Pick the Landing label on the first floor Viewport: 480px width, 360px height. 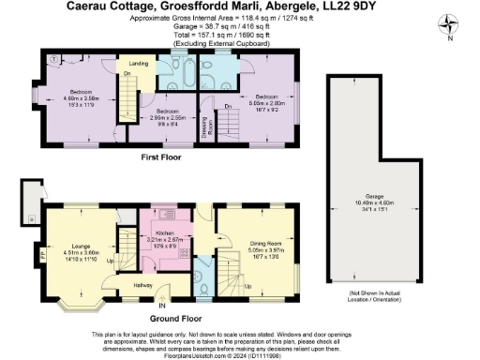click(139, 63)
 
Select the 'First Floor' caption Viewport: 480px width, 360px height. click(161, 157)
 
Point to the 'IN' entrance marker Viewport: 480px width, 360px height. click(162, 305)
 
